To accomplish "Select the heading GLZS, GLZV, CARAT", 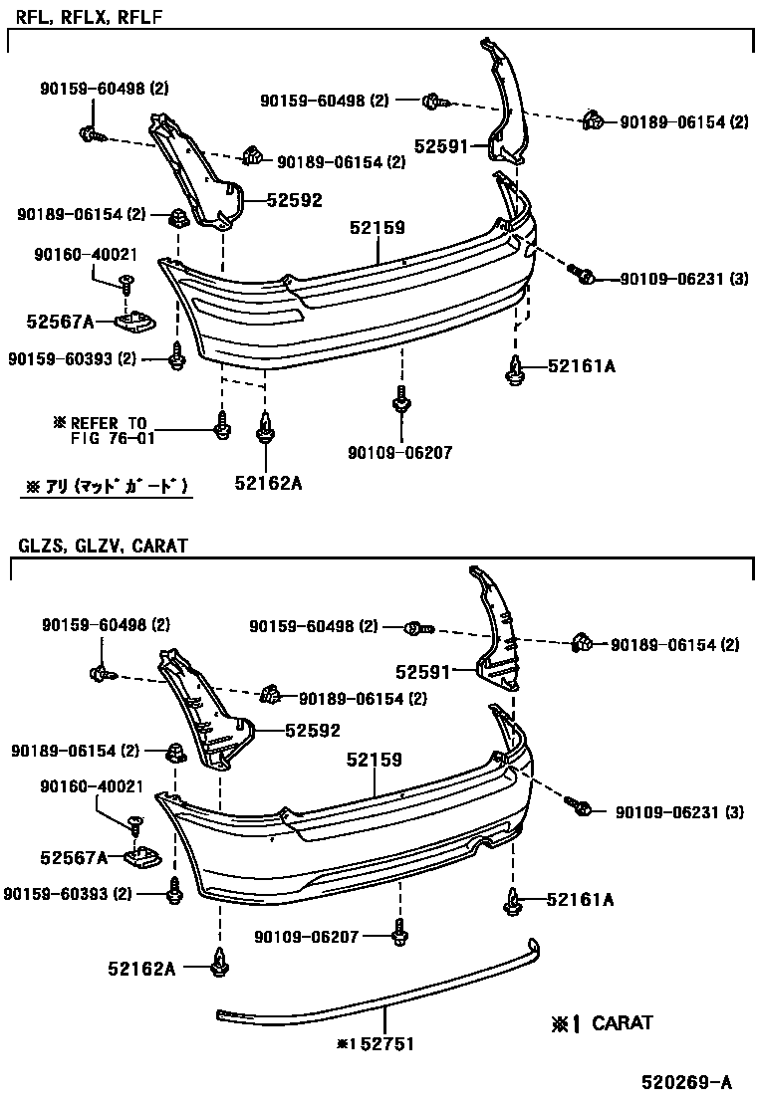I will [102, 546].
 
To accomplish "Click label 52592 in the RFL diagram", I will [295, 200].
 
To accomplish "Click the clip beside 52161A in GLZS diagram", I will [514, 900].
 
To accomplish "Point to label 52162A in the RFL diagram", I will [268, 483].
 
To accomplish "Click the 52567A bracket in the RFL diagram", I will [133, 322].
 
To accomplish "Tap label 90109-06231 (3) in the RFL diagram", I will [682, 279].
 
